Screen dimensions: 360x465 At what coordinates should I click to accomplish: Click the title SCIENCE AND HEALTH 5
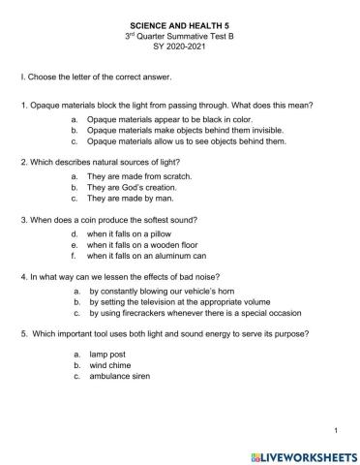tap(179, 18)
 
